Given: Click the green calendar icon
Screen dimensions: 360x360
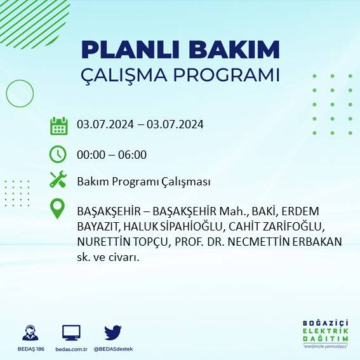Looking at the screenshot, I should pyautogui.click(x=58, y=126).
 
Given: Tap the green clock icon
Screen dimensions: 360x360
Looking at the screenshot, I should pyautogui.click(x=58, y=154).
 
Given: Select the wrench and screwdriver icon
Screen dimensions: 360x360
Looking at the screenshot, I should pyautogui.click(x=58, y=180).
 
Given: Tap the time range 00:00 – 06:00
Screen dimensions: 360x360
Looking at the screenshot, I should pyautogui.click(x=112, y=154).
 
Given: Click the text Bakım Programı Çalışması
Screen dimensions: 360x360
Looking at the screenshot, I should pyautogui.click(x=143, y=182).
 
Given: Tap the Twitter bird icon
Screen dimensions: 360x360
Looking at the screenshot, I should pyautogui.click(x=113, y=332).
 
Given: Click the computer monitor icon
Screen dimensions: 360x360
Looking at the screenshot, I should pyautogui.click(x=71, y=332).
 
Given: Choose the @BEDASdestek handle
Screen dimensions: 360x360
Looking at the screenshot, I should pyautogui.click(x=113, y=349).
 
